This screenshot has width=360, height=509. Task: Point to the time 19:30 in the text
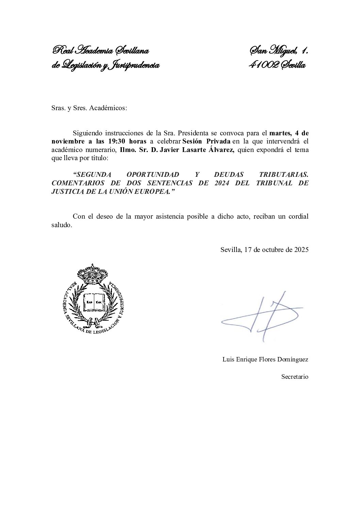(118, 141)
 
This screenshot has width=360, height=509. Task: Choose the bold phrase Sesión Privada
(207, 141)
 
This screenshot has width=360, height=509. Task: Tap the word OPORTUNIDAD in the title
(153, 174)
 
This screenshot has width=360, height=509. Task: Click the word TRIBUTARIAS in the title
(283, 174)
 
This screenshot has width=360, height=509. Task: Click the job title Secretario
(295, 377)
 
